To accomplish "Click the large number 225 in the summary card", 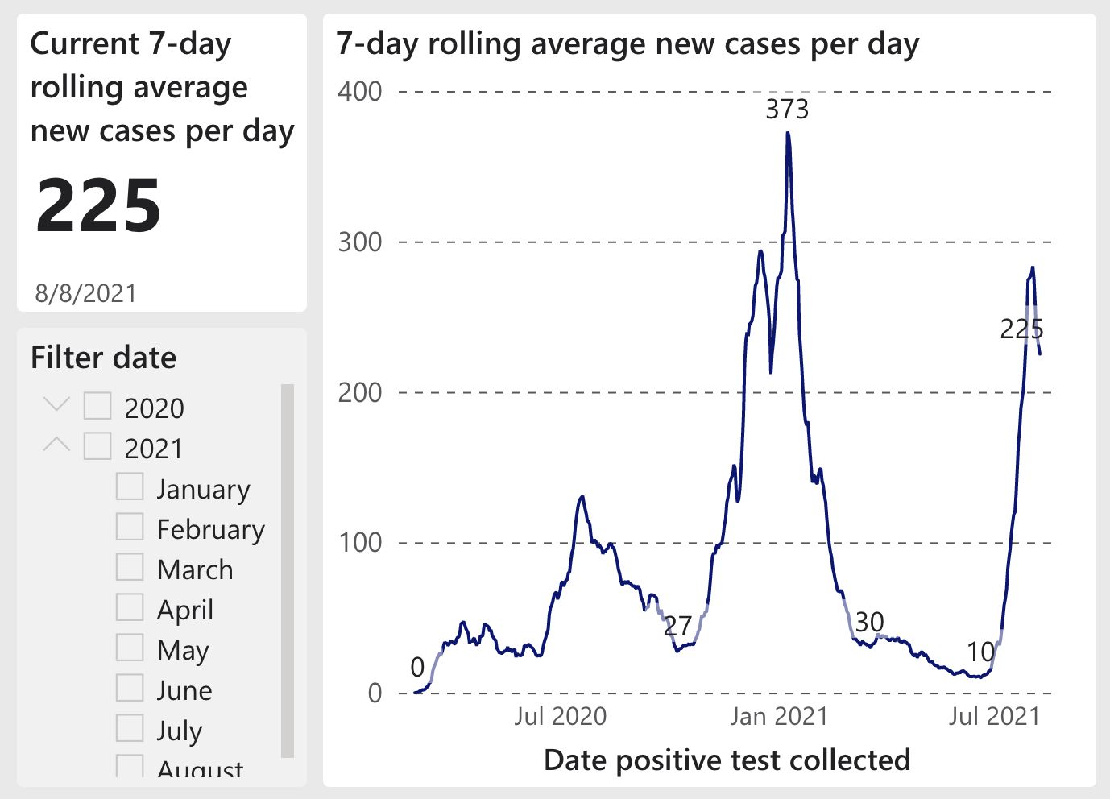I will point(98,205).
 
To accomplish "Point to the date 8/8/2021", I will point(85,293).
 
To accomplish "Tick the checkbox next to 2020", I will point(97,406).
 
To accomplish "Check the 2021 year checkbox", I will point(97,446).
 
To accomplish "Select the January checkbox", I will point(130,486).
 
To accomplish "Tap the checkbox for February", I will point(130,527).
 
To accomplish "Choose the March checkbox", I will point(130,567).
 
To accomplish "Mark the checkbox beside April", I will point(130,607).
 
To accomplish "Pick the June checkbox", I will point(130,688).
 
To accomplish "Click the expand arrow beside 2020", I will point(56,404).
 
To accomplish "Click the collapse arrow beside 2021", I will point(56,444).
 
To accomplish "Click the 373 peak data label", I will point(786,109).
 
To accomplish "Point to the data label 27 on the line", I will point(677,626).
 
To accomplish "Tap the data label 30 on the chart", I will point(869,622).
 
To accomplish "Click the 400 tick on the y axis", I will point(359,91).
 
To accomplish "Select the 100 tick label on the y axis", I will point(359,542).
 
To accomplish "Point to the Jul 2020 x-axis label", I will point(560,716).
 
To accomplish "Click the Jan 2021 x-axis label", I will point(778,716).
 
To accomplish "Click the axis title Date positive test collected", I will point(727,760).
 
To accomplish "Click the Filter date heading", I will point(103,357).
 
